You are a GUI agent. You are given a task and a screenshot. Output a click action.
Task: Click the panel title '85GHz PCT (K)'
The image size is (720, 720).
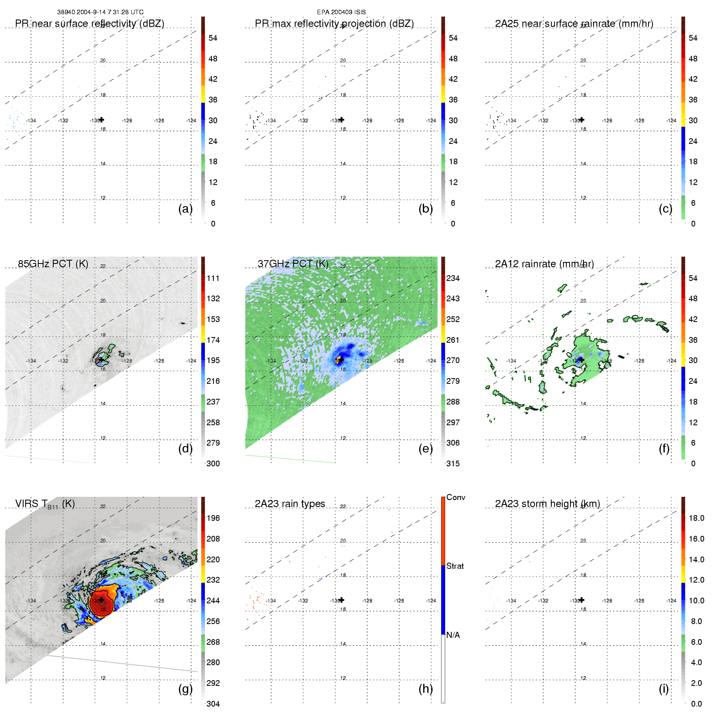coord(53,263)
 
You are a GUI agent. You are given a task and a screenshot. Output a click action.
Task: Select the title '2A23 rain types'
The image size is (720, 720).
coord(289,503)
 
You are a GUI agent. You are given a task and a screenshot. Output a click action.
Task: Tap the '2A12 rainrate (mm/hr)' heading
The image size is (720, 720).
coord(544,263)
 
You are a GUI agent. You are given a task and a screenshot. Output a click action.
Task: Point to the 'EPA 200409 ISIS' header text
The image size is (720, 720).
coord(341,12)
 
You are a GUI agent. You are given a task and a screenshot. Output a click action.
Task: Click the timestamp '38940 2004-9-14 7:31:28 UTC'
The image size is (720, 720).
coord(100,12)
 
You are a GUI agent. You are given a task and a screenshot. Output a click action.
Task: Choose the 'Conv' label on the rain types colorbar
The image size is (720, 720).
coord(455,497)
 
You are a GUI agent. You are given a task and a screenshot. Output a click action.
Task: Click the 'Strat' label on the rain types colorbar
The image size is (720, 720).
coord(455,566)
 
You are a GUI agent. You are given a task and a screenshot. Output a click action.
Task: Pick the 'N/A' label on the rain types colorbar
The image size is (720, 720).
coord(453,635)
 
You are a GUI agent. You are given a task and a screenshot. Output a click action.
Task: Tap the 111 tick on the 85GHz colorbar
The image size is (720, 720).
coord(213,278)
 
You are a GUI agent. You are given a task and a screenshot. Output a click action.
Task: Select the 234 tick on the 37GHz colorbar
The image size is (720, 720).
coord(453,278)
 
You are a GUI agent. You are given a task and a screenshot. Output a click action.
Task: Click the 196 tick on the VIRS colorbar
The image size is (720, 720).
coord(213,518)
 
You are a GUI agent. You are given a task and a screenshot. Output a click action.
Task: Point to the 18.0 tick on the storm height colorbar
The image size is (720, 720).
coord(696,518)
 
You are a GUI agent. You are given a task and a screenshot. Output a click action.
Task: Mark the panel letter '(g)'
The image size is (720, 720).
coord(185,689)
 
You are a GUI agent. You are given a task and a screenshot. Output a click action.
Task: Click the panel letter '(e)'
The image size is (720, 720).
coord(425,448)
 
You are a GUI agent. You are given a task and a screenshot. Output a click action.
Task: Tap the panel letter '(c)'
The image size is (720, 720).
coord(665,209)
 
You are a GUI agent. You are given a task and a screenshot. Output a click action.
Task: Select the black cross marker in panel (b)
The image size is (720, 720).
coord(342,120)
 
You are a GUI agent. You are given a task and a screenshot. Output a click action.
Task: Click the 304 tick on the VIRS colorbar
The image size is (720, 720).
coord(213,704)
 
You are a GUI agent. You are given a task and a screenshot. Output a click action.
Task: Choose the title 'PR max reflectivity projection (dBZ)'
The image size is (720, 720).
coord(334,24)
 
